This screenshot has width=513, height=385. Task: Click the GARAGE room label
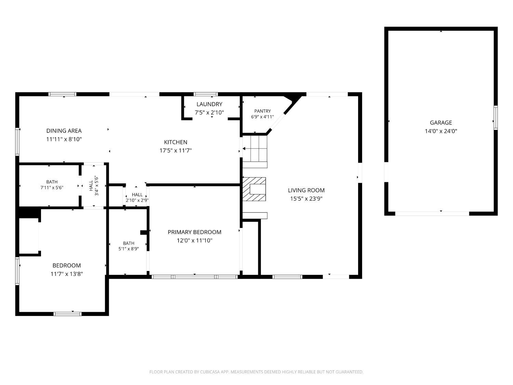coord(441,123)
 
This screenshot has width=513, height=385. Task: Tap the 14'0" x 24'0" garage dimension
coord(441,131)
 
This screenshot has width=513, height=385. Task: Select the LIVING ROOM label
coord(306,190)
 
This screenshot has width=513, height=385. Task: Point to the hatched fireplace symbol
coord(254,189)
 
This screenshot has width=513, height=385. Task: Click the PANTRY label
coord(262,111)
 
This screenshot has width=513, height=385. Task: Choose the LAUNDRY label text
coord(209,104)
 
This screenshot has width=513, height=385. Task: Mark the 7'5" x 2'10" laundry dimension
coord(209,113)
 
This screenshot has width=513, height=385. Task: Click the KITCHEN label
coord(175,142)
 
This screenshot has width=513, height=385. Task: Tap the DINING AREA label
coord(64,131)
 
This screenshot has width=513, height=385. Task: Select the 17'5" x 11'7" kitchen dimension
coord(175,151)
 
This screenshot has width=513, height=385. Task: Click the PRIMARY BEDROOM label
coord(195,232)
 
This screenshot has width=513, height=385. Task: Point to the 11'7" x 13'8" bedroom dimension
coord(67,274)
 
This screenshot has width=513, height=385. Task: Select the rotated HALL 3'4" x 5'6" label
coord(94,186)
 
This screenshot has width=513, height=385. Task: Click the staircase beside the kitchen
coord(255,149)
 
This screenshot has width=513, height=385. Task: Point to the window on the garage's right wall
coord(495,118)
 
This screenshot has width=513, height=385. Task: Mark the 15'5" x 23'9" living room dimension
coord(306,199)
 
